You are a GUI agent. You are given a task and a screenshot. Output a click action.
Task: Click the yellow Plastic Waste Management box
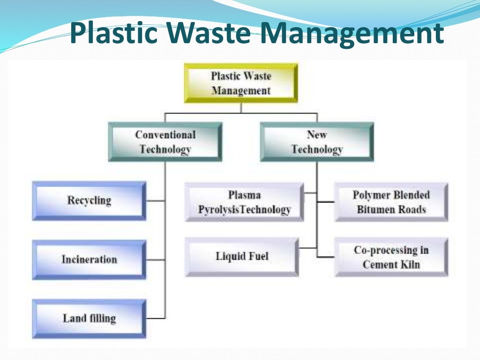click(241, 83)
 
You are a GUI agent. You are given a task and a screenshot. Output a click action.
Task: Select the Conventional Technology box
click(165, 142)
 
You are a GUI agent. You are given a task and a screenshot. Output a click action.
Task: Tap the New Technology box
click(317, 142)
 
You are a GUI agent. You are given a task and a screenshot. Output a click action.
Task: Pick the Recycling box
click(89, 201)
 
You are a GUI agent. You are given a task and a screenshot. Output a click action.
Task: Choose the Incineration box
click(89, 259)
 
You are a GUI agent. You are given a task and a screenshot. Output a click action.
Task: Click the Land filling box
click(89, 319)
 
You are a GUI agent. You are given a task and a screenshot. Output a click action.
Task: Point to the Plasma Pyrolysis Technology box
click(244, 202)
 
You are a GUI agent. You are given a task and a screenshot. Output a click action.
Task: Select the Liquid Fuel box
click(242, 256)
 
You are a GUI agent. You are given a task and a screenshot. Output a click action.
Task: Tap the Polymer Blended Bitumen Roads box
click(391, 202)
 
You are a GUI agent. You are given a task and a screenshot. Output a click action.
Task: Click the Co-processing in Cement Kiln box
click(391, 257)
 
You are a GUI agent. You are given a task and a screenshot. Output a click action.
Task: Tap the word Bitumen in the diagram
click(375, 209)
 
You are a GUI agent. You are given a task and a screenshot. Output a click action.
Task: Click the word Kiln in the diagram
click(411, 264)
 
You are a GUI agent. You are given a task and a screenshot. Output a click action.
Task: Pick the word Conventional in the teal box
click(165, 135)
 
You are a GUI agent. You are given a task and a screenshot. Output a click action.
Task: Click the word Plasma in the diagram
click(244, 195)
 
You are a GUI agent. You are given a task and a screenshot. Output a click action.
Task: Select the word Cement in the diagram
click(380, 264)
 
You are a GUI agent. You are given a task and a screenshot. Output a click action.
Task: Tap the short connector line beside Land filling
click(156, 319)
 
